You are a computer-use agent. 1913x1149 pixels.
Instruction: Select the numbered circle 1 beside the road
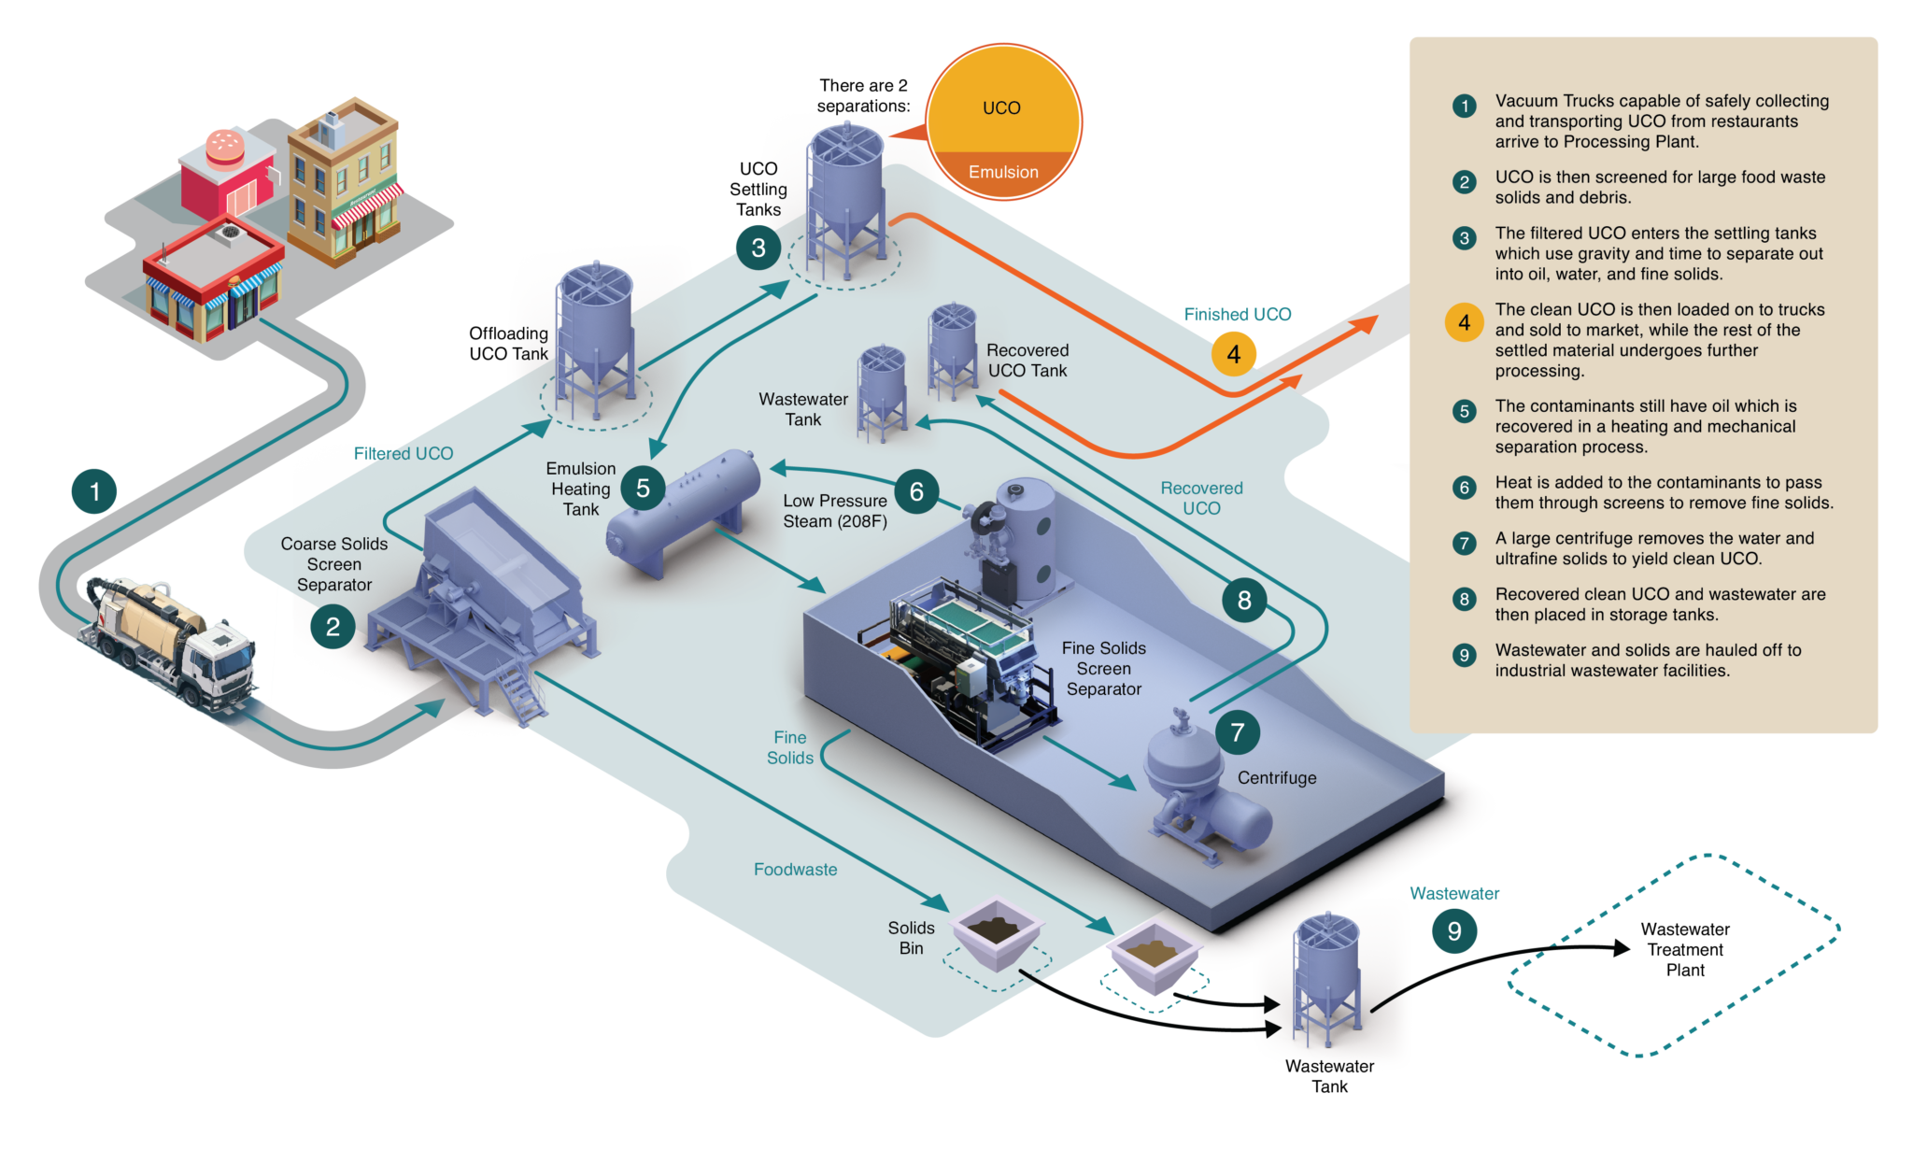tap(94, 491)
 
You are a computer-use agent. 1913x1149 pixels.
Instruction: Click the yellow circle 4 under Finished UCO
tap(1233, 354)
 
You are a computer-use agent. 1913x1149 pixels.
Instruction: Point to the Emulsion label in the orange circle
tap(1003, 172)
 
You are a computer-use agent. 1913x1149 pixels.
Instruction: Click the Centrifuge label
tap(1277, 778)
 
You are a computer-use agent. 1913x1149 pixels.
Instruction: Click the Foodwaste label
tap(795, 870)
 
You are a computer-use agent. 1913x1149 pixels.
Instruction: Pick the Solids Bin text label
tap(911, 938)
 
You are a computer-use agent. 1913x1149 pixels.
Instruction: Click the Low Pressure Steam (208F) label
tap(835, 511)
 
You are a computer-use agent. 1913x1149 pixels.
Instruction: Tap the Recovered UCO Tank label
tap(1027, 361)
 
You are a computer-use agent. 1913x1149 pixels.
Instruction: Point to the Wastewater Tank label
tap(803, 409)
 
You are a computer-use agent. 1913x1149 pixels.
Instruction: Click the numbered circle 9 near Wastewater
tap(1454, 931)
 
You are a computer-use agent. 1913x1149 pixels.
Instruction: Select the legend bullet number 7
tap(1464, 544)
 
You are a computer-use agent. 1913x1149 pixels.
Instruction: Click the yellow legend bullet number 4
tap(1464, 322)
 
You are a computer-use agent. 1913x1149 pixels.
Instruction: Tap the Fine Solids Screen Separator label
tap(1103, 669)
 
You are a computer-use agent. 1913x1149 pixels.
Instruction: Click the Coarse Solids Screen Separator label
tap(334, 564)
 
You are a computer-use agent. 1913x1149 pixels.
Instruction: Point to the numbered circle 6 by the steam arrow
tap(916, 491)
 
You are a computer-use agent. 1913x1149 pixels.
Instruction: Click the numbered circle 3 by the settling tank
tap(758, 248)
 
